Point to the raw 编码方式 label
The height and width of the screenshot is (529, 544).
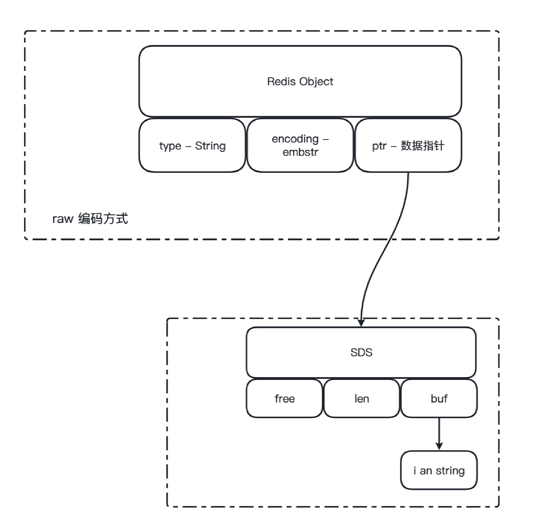pyautogui.click(x=90, y=219)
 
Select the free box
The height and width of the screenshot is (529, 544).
pyautogui.click(x=284, y=399)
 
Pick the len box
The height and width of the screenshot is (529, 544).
pyautogui.click(x=362, y=399)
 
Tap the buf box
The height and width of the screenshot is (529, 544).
pyautogui.click(x=439, y=399)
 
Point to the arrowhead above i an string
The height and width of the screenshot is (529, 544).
pyautogui.click(x=439, y=446)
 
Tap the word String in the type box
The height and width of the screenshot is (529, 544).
pyautogui.click(x=210, y=146)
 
